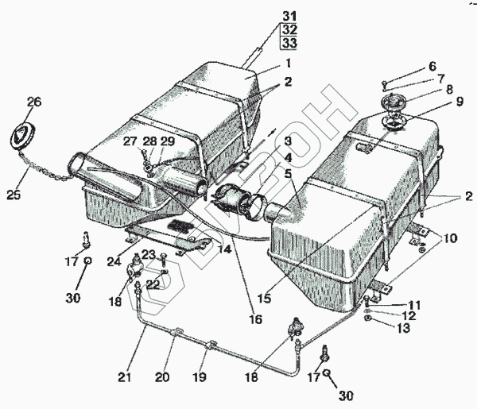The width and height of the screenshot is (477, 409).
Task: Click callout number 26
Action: pyautogui.click(x=33, y=102)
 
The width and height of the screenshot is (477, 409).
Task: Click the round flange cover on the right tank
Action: pyautogui.click(x=393, y=110)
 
